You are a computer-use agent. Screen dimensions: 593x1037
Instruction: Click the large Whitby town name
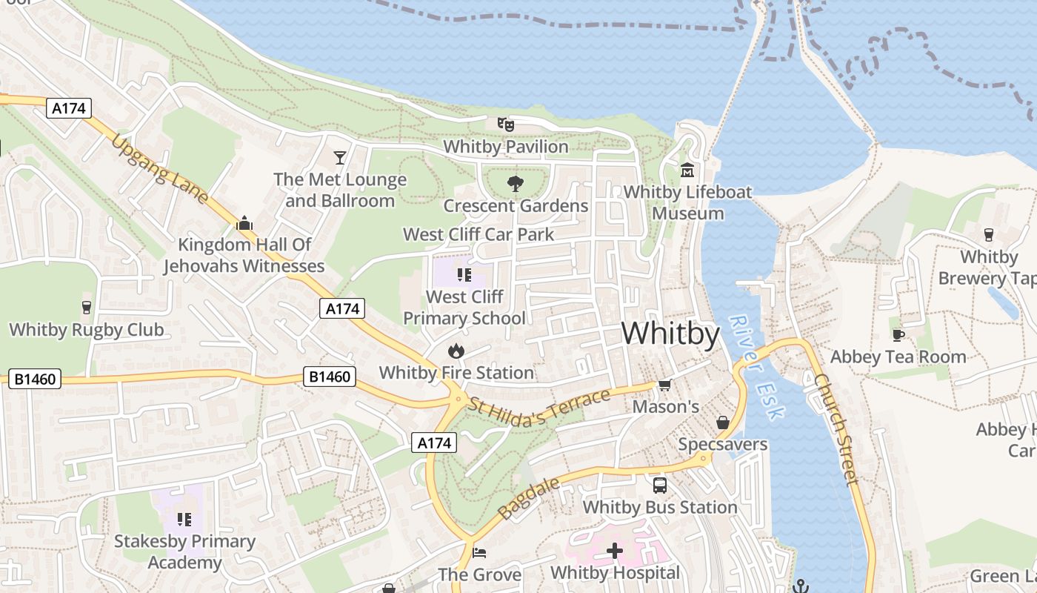pos(670,334)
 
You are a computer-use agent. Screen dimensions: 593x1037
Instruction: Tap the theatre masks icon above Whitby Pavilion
pos(506,125)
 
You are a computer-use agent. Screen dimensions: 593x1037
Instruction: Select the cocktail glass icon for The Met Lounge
pos(340,157)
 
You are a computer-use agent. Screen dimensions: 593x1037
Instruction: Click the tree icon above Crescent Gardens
pos(516,184)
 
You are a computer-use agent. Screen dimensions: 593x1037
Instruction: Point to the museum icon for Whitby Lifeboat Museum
pos(687,170)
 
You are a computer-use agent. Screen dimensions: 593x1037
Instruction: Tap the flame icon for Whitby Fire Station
pos(456,351)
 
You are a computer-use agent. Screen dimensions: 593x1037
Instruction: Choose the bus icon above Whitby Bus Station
pos(659,486)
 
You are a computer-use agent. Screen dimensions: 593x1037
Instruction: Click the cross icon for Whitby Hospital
pos(615,551)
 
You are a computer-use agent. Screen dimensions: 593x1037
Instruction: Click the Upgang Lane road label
pos(160,170)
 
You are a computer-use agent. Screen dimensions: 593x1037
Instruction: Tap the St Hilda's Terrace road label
pos(539,409)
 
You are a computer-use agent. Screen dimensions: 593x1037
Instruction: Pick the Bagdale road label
pos(528,499)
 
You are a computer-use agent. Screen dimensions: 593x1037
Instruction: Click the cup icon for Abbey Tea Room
pos(898,335)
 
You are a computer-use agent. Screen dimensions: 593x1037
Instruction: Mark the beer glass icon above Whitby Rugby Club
pos(87,308)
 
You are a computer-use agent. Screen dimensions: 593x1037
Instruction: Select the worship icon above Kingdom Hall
pos(244,222)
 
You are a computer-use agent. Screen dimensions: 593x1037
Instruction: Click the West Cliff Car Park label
pos(479,235)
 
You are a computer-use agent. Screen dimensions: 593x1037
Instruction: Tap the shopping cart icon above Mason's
pos(665,385)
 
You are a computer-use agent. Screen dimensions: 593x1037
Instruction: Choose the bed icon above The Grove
pos(479,553)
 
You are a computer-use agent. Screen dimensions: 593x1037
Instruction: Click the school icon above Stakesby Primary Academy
pos(184,520)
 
